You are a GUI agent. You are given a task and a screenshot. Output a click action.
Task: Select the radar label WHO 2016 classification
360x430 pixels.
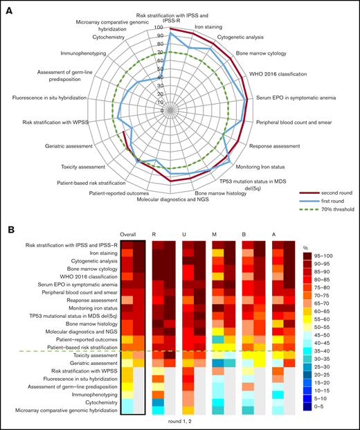(268, 73)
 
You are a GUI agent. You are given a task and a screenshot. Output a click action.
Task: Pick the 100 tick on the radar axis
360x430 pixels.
(159, 28)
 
